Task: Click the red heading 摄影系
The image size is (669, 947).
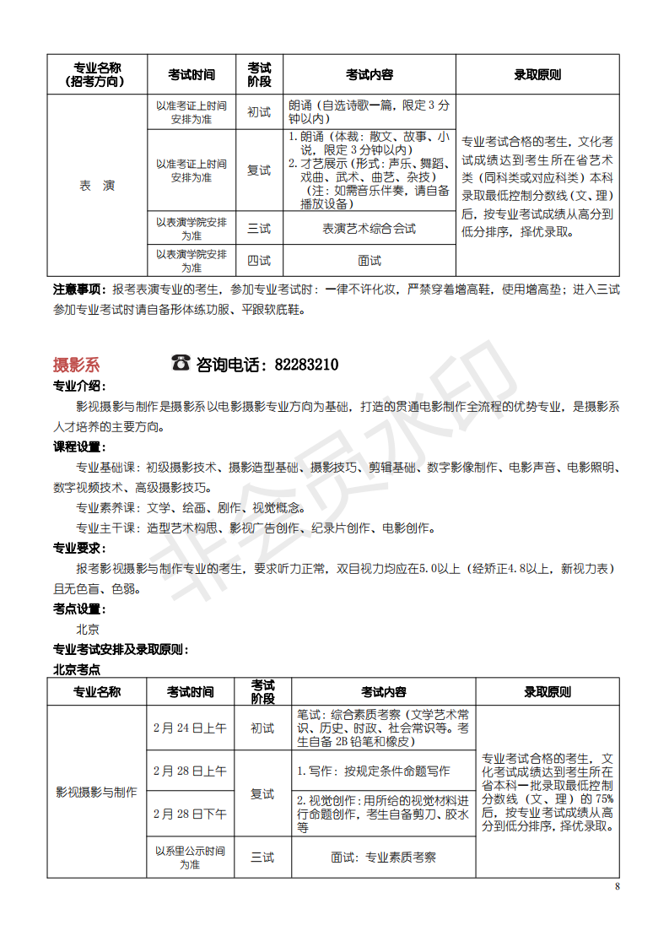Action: coord(76,365)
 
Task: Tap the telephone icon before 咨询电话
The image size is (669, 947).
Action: coord(181,363)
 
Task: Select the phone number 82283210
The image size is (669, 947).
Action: coord(307,365)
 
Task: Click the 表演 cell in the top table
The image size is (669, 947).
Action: coord(97,186)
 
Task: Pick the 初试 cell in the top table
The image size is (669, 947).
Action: coord(259,112)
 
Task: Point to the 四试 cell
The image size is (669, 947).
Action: coord(259,261)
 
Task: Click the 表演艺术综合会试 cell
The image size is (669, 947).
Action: coord(370,229)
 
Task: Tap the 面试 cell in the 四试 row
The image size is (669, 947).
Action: coord(370,261)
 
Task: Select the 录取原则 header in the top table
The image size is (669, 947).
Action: coord(537,74)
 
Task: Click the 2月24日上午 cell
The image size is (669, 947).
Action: coord(190,728)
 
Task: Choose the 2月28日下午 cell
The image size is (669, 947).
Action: coord(190,814)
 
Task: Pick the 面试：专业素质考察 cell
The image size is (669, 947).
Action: coord(384,857)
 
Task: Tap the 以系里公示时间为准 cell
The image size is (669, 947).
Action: coord(190,857)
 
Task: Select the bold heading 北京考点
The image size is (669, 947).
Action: coord(76,669)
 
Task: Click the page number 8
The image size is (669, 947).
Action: coord(617,886)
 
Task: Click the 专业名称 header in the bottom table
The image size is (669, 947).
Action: coord(96,692)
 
